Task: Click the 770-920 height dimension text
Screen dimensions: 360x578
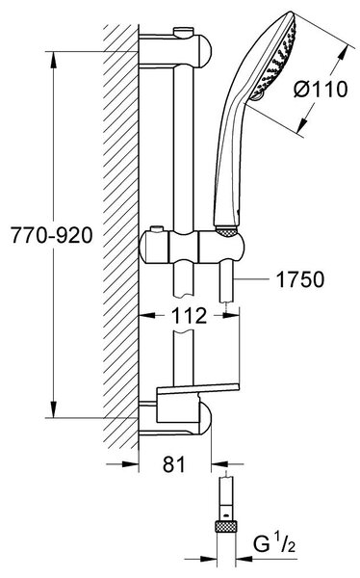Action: coord(52,235)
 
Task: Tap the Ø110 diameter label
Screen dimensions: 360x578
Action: coord(321,90)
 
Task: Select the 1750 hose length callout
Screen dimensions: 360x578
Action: coord(300,279)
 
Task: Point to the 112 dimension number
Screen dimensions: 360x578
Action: coord(190,316)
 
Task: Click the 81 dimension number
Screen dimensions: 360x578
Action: coord(174,464)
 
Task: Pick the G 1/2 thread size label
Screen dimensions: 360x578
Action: coord(274,543)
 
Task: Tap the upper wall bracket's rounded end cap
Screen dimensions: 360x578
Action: coord(205,52)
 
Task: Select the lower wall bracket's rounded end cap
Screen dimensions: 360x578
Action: coord(205,418)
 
